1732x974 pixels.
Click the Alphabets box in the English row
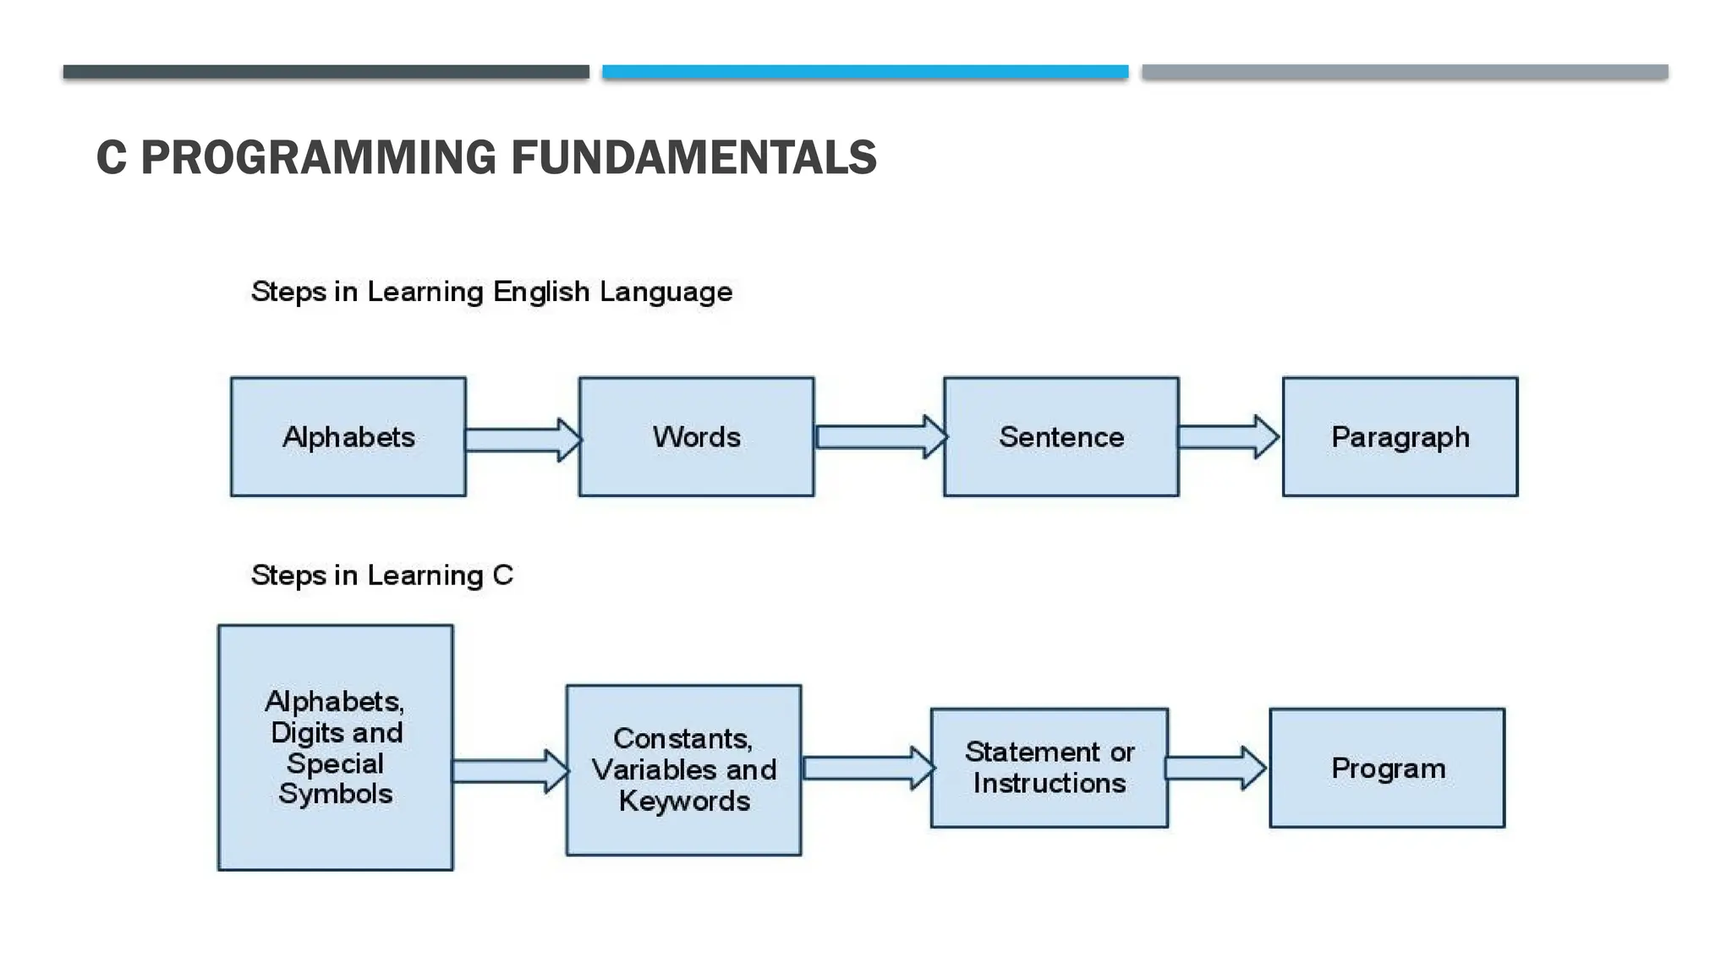[348, 436]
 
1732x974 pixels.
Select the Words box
[696, 436]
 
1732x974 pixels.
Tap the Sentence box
[1061, 436]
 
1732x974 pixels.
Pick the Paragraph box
[1400, 436]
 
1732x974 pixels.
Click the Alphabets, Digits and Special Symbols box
[335, 747]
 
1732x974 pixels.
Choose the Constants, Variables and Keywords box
[683, 769]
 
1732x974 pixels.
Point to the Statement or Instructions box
[1049, 768]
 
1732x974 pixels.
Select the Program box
[1387, 768]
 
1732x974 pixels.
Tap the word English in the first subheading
[541, 292]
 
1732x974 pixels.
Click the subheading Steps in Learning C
[382, 576]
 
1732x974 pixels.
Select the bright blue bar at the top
[865, 72]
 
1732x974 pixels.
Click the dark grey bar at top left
[326, 72]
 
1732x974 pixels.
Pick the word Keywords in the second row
[684, 801]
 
